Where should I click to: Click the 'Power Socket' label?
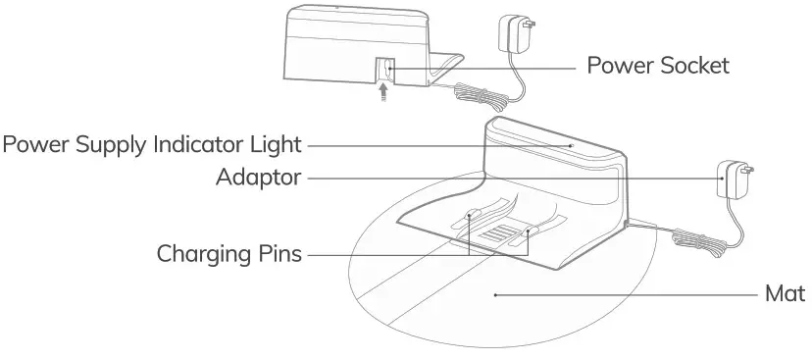click(x=657, y=67)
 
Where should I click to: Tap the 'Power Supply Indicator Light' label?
click(x=152, y=146)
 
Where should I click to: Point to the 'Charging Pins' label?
click(x=229, y=254)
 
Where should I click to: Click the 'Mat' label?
click(x=787, y=294)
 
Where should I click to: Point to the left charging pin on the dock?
click(x=472, y=214)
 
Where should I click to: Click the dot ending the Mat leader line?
click(x=495, y=294)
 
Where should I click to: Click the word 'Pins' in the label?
click(x=279, y=254)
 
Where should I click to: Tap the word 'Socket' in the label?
click(x=695, y=67)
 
